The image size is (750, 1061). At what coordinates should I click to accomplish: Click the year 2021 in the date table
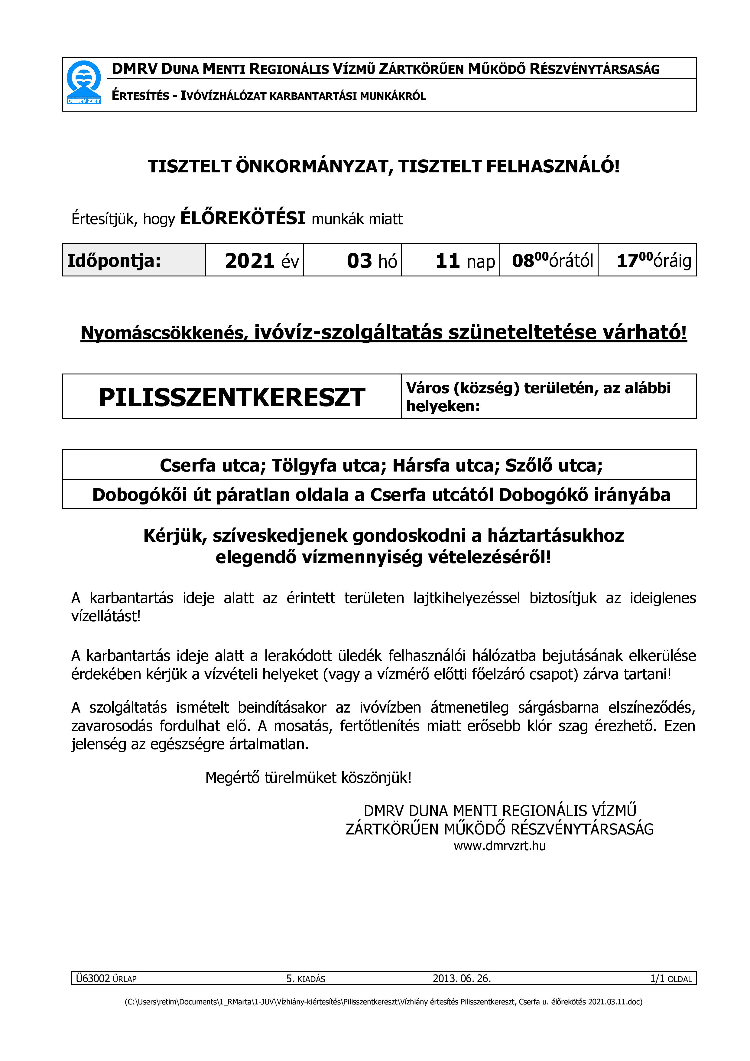tap(250, 261)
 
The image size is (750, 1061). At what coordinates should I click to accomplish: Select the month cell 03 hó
tap(372, 261)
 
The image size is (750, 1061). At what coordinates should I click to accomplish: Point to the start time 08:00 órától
tap(552, 261)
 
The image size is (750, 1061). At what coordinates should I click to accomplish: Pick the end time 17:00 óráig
tap(654, 261)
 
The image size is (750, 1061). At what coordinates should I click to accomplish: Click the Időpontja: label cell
tap(114, 261)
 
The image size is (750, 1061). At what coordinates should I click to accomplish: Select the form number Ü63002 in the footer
tap(93, 978)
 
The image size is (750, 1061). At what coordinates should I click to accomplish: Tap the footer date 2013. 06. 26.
tap(461, 978)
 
